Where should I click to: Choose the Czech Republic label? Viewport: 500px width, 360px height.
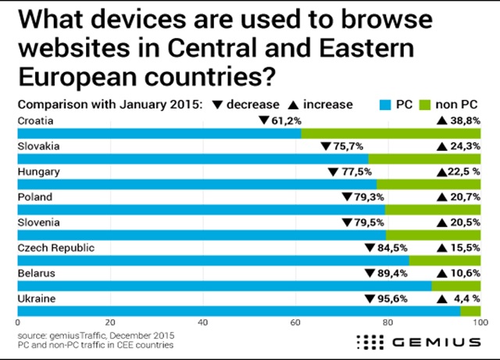pyautogui.click(x=55, y=248)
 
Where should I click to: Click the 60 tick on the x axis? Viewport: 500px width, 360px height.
pyautogui.click(x=295, y=322)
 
